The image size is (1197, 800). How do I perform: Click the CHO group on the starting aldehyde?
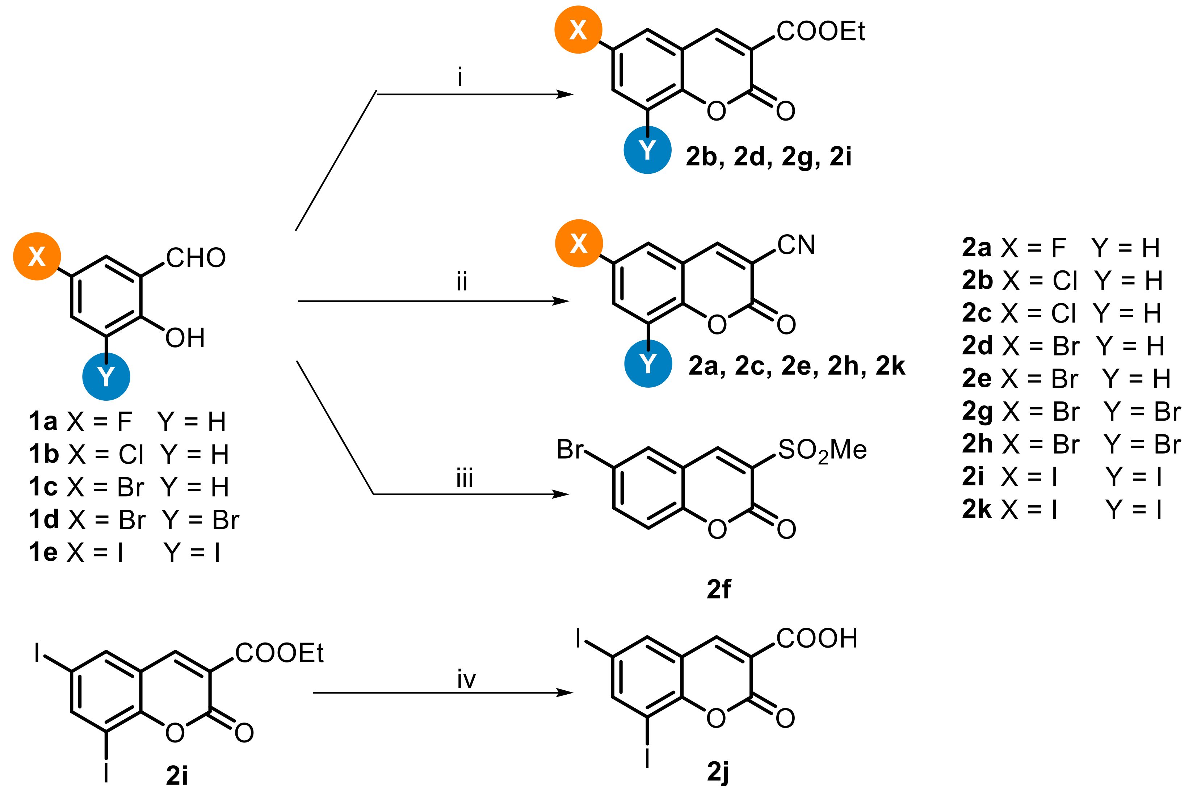[x=196, y=258]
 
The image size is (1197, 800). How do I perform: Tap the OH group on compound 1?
[x=185, y=338]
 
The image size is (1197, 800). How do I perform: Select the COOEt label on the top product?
[x=820, y=31]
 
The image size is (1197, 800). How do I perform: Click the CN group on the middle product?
[x=796, y=245]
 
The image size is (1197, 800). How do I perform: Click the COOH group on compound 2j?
[x=816, y=638]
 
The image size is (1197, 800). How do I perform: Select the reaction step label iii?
[x=464, y=478]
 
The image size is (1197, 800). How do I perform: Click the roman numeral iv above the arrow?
[x=466, y=679]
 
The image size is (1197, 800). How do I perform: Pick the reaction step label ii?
[x=462, y=281]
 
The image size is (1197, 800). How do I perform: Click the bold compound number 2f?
[x=718, y=589]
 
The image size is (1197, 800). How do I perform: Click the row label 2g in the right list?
[x=976, y=412]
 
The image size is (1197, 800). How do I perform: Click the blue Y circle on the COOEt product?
[x=647, y=150]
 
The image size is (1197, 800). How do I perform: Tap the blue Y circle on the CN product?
[x=648, y=364]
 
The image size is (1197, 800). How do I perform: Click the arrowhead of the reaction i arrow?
[x=565, y=94]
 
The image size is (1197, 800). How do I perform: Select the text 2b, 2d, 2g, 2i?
[x=768, y=157]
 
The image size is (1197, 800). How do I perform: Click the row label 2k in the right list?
[x=976, y=509]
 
